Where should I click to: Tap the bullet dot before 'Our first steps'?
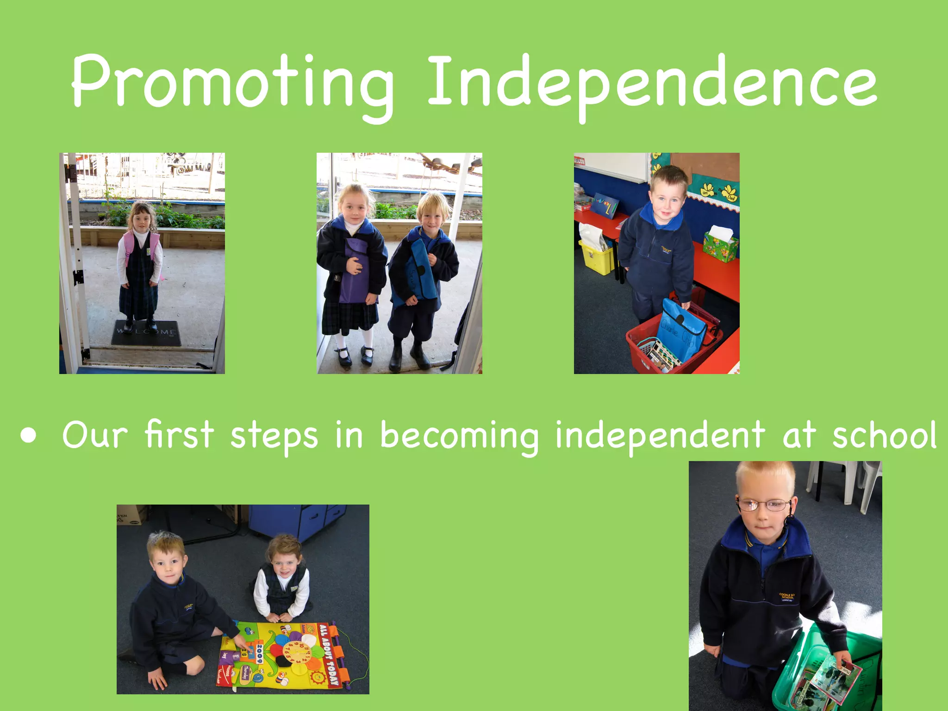pyautogui.click(x=29, y=436)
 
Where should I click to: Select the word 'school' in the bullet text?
pyautogui.click(x=884, y=435)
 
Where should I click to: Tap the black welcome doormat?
pyautogui.click(x=146, y=332)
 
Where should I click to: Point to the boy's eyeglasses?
pyautogui.click(x=764, y=505)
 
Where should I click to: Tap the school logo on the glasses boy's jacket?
pyautogui.click(x=787, y=596)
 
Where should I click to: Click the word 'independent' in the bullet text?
pyautogui.click(x=660, y=435)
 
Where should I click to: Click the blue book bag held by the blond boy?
pyautogui.click(x=419, y=273)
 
